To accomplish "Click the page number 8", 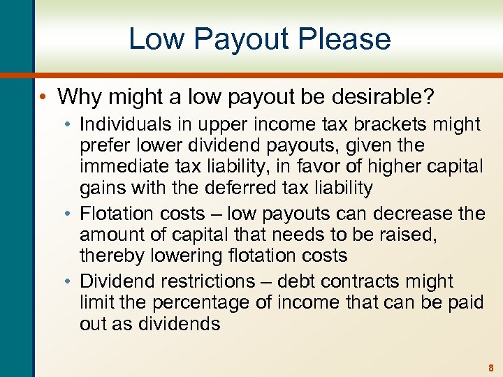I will pyautogui.click(x=491, y=366).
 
